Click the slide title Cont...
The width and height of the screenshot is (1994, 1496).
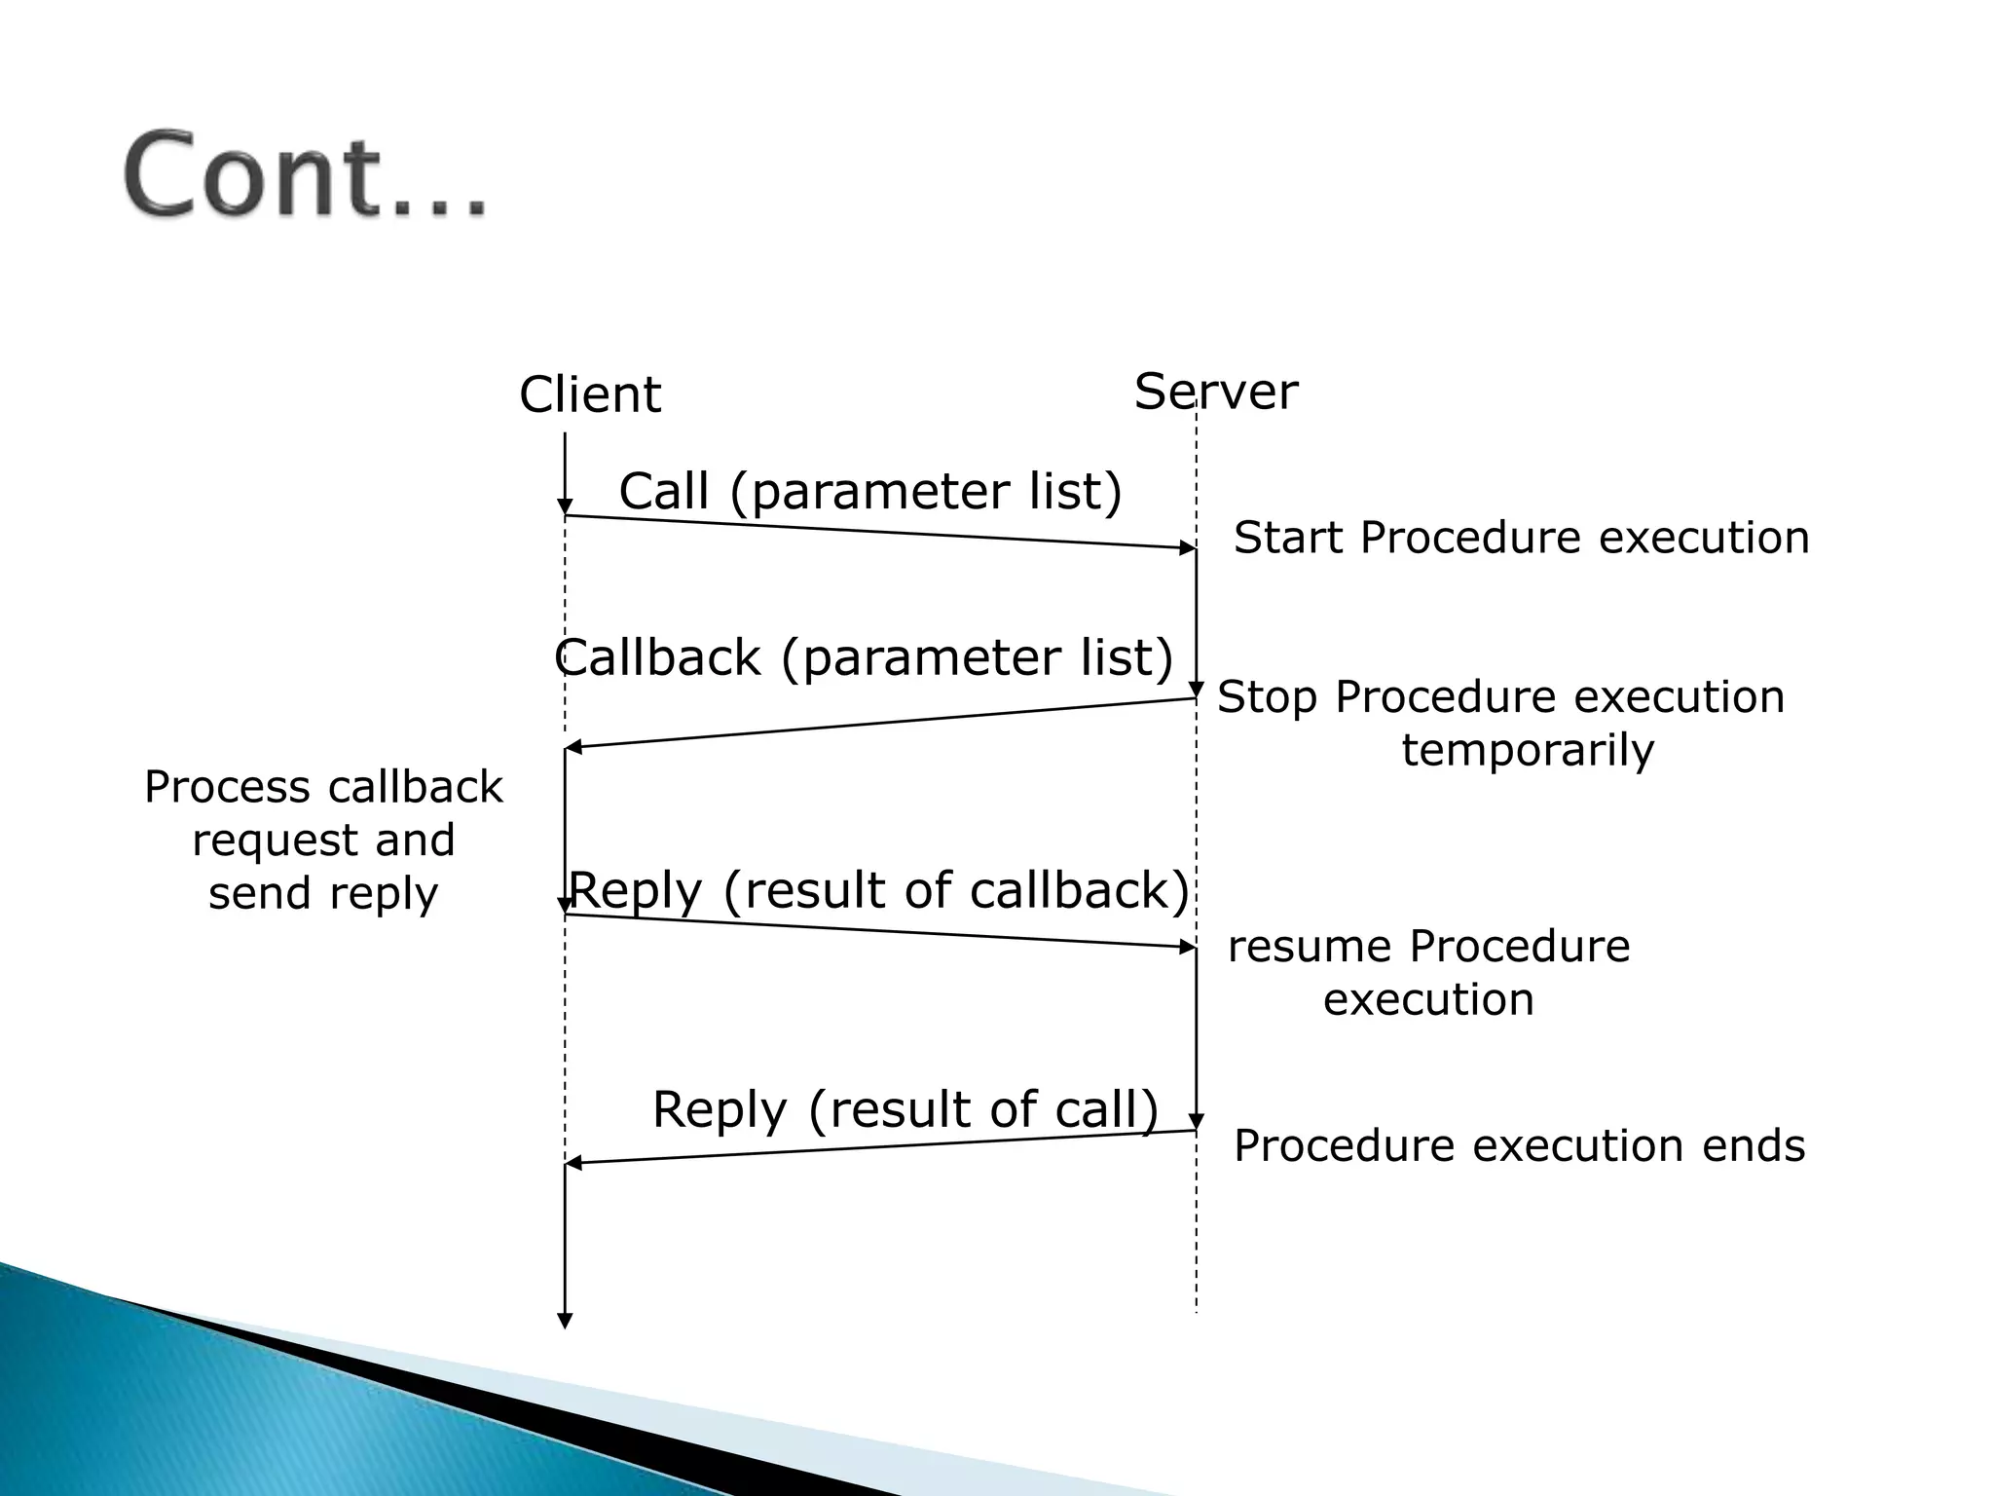coord(304,175)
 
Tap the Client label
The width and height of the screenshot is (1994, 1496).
coord(590,394)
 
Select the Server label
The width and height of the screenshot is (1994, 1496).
coord(1215,392)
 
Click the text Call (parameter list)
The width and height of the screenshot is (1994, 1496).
coord(870,491)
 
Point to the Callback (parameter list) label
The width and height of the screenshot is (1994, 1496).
coord(865,657)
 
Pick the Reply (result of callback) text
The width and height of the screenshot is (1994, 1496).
coord(878,890)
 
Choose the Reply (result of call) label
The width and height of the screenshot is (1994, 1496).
coord(905,1109)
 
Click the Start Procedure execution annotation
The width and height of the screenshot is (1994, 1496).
coord(1521,538)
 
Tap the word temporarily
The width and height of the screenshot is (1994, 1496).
coord(1528,750)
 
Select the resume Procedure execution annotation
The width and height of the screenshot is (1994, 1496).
coord(1428,972)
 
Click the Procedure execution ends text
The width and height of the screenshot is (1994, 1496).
coord(1519,1145)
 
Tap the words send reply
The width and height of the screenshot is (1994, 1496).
coord(323,893)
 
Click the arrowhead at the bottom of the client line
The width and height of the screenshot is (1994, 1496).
coord(565,1321)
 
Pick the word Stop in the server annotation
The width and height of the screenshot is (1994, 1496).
coord(1267,697)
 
